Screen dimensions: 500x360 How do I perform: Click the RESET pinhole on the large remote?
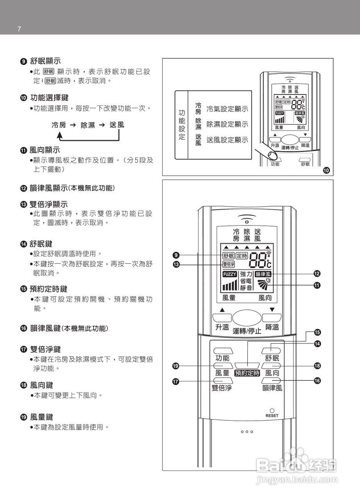click(x=272, y=410)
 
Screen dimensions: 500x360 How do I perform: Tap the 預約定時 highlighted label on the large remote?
click(x=247, y=373)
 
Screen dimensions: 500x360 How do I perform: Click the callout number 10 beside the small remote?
click(x=326, y=170)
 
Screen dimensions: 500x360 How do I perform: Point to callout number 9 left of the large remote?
click(x=176, y=255)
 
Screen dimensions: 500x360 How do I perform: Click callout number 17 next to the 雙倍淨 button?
click(x=176, y=381)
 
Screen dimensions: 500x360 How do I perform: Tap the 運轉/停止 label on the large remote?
click(x=247, y=331)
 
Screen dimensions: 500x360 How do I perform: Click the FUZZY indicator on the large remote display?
click(x=230, y=274)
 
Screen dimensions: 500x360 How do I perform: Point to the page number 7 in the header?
click(x=19, y=29)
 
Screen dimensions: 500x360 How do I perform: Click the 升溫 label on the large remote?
click(x=222, y=327)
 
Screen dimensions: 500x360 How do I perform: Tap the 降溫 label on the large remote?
click(x=272, y=327)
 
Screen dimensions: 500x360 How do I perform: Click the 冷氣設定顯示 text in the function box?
click(x=227, y=109)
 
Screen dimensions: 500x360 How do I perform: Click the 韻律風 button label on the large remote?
click(x=272, y=388)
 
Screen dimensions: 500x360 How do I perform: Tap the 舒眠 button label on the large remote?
click(x=272, y=358)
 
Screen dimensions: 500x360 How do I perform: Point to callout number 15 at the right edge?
click(x=317, y=332)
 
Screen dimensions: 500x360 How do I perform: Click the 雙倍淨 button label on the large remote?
click(x=222, y=388)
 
